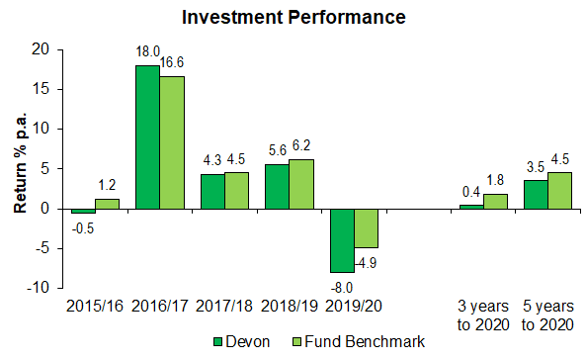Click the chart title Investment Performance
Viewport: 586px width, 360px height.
point(293,18)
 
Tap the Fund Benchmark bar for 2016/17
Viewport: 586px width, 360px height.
point(172,142)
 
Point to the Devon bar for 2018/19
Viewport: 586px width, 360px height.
point(277,186)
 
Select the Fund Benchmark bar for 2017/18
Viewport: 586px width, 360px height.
point(236,191)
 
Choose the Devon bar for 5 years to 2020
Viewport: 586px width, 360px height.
point(536,195)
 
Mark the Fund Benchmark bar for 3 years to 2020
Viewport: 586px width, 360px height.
point(495,202)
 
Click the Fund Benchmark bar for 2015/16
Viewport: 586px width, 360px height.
point(107,204)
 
